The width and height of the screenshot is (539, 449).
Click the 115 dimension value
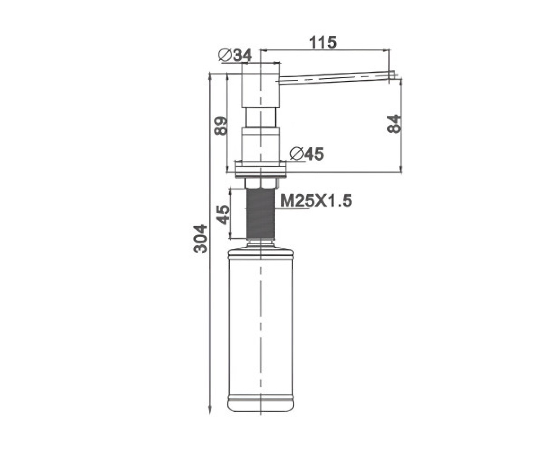click(323, 42)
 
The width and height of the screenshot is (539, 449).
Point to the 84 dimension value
click(394, 124)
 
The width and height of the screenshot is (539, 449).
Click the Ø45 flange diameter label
click(307, 154)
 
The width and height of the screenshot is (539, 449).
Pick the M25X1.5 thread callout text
click(316, 201)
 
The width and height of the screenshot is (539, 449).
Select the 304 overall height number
click(200, 239)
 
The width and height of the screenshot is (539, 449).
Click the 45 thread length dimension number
click(222, 215)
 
